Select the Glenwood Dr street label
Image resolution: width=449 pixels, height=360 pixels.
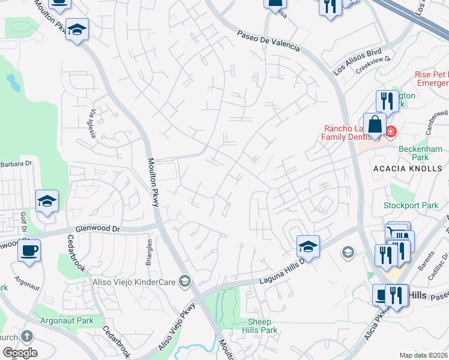pos(98,229)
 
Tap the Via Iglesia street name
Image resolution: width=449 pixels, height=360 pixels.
pos(92,124)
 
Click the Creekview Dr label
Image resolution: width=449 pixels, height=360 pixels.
pos(373,64)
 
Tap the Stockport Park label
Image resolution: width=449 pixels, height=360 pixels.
pos(411,206)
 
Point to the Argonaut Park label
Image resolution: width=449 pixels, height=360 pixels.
pos(67,320)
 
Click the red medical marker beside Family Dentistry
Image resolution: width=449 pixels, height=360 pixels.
pos(391,131)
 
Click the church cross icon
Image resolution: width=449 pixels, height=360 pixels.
pos(26,337)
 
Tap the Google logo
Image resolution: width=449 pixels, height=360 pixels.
pos(19,353)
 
